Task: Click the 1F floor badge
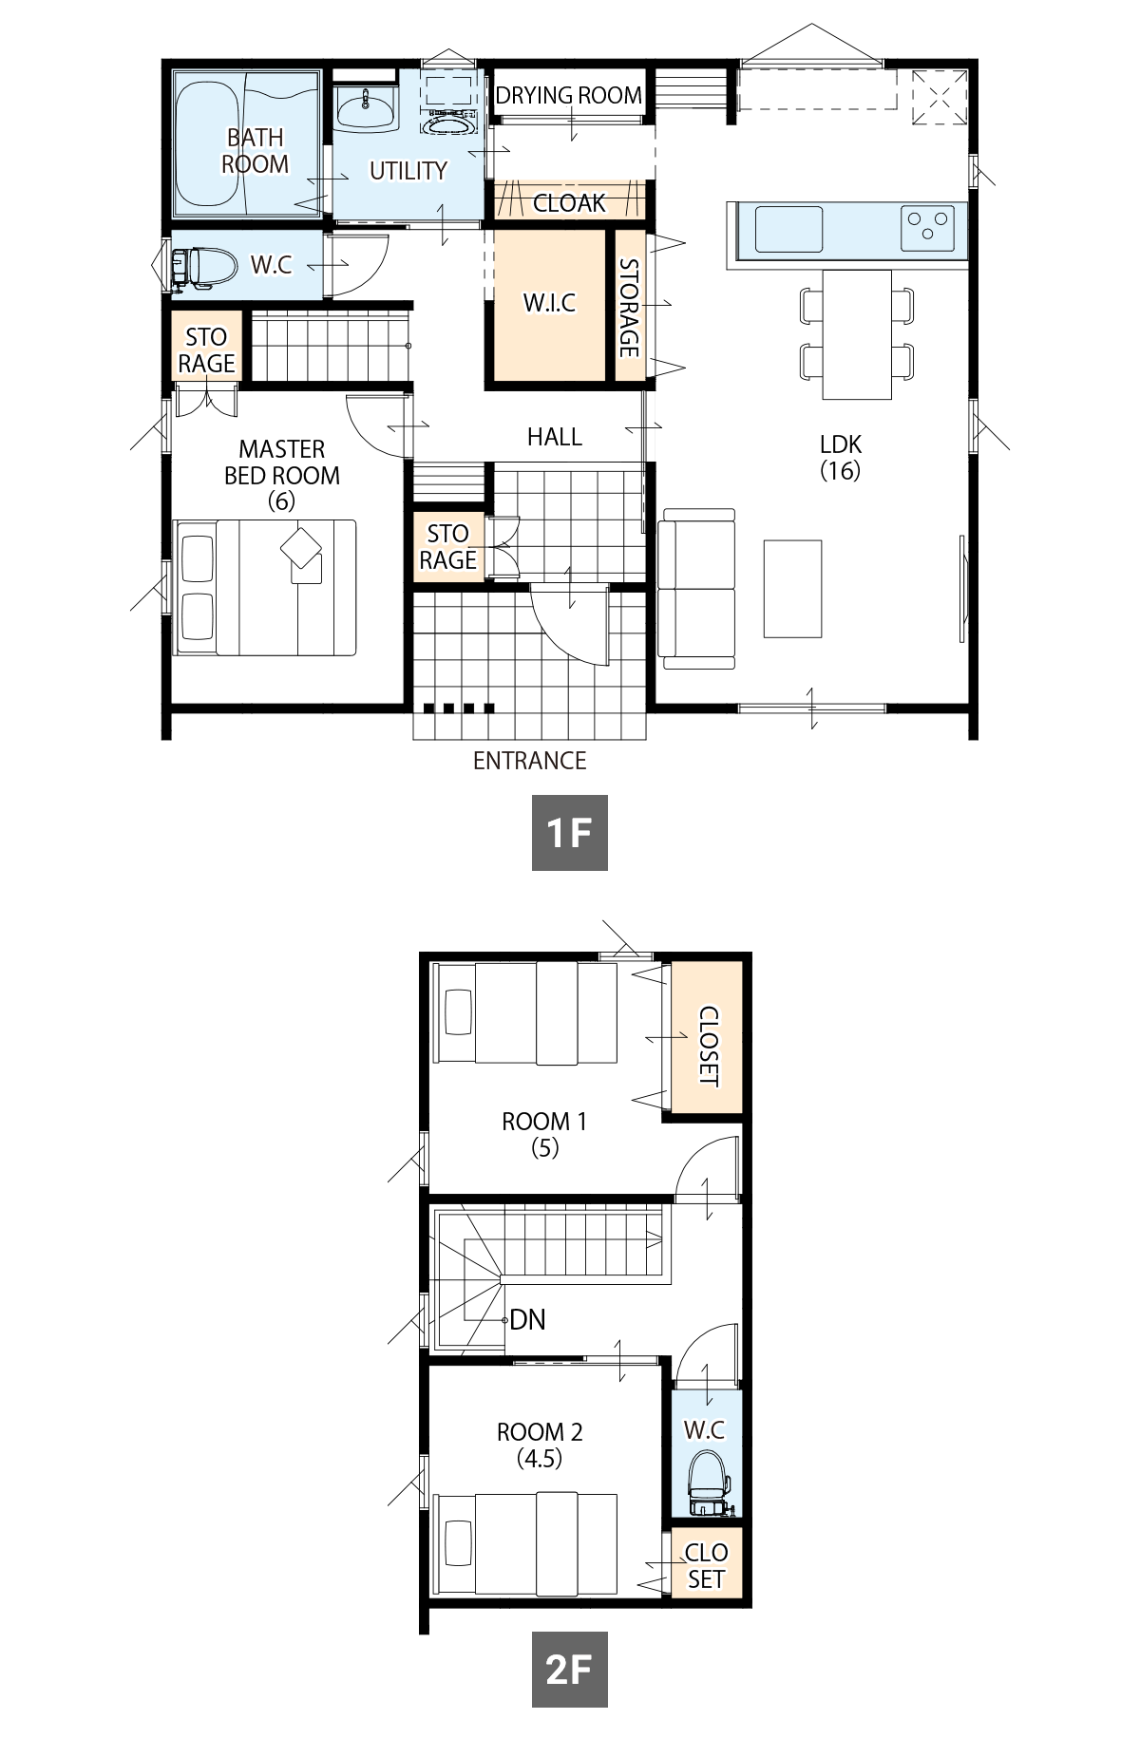pos(569,833)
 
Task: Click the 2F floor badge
pos(569,1669)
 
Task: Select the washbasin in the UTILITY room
pos(366,108)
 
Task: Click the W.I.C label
pos(549,303)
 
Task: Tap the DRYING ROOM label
pos(568,95)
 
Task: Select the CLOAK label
pos(569,203)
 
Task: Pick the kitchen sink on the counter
pos(788,229)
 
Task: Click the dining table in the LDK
pos(857,334)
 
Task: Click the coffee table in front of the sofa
pos(792,588)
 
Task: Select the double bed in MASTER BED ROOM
pos(264,587)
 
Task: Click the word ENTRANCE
pos(529,761)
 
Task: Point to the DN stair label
pos(527,1319)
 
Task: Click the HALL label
pos(554,437)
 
